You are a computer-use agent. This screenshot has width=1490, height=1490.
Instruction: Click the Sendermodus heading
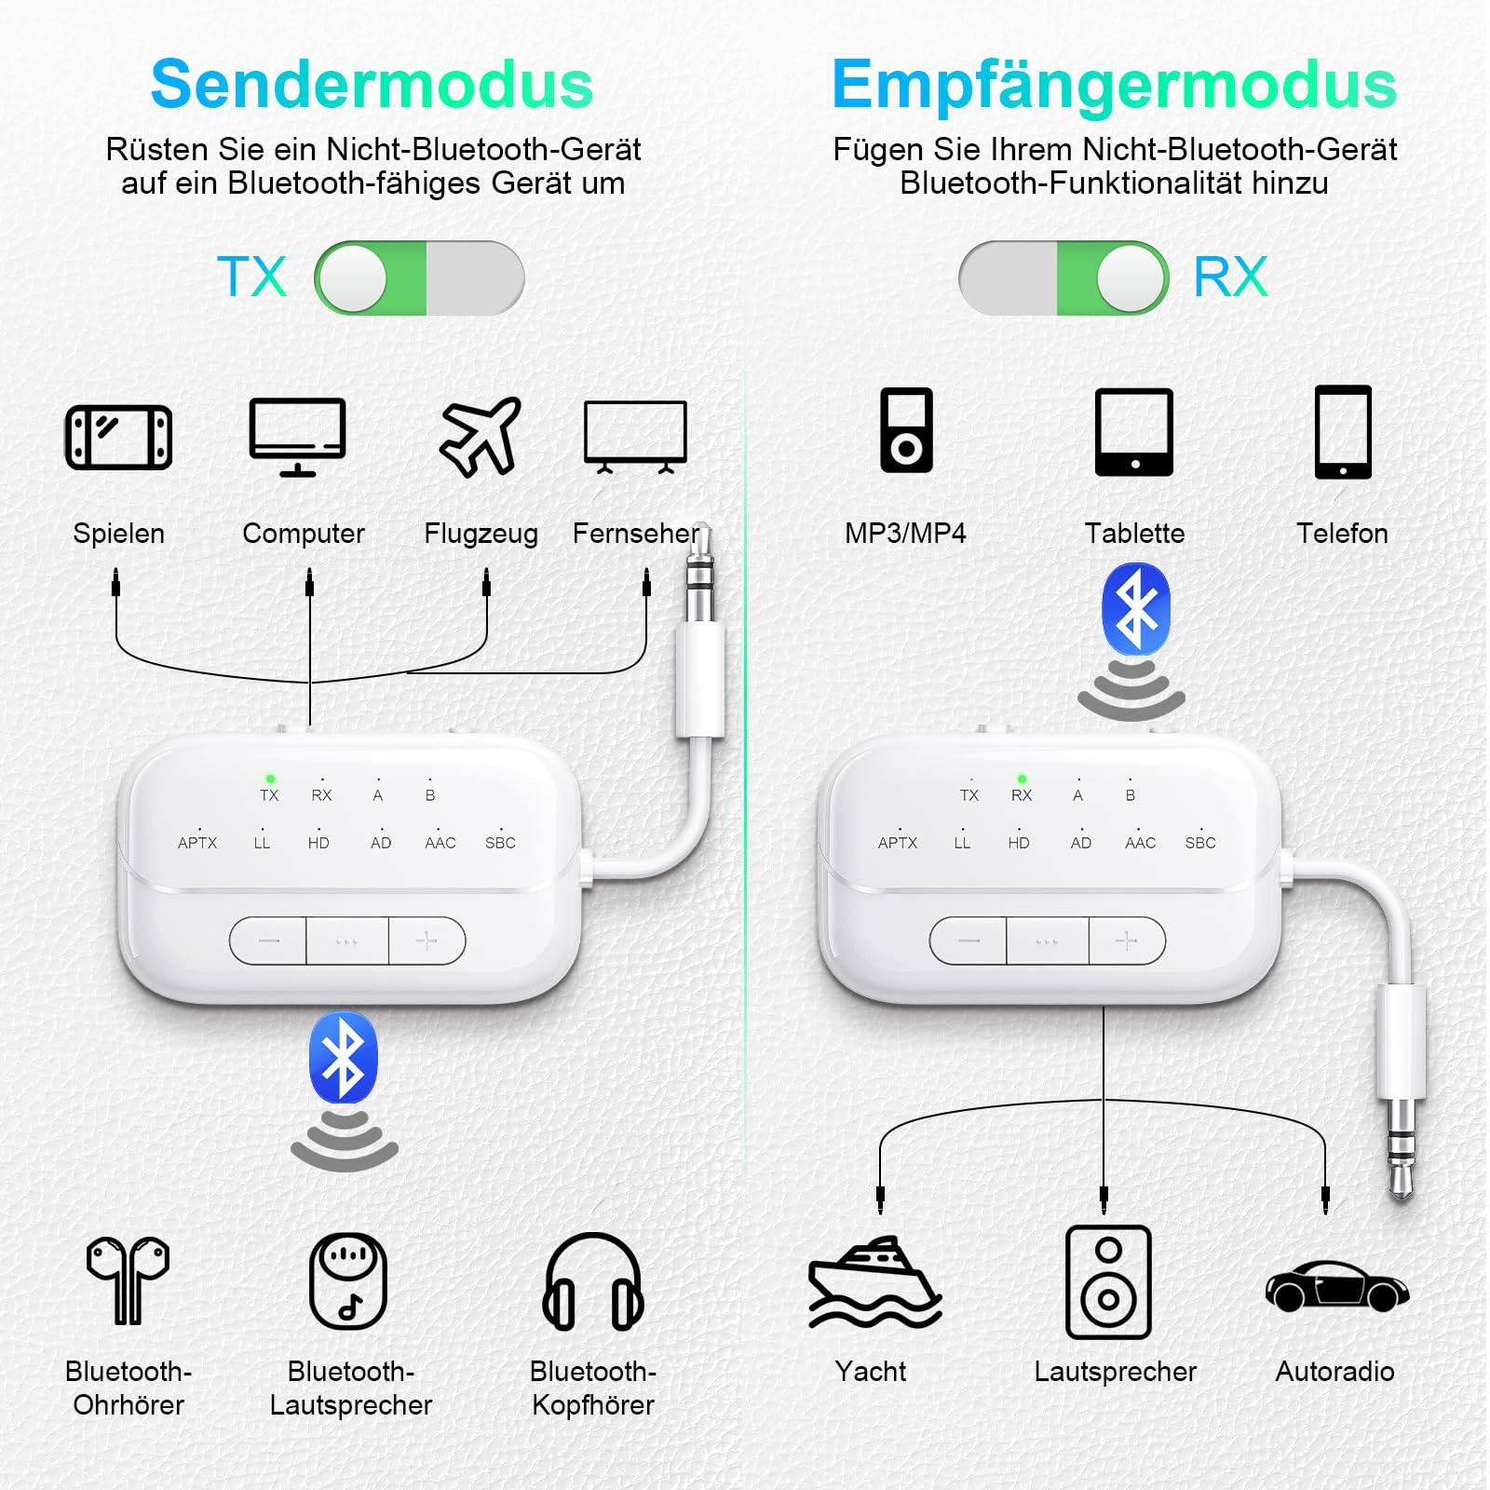pos(372,85)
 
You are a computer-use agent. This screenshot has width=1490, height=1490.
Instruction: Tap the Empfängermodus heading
pos(1114,85)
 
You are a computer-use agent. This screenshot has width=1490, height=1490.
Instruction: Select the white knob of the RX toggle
pos(1130,278)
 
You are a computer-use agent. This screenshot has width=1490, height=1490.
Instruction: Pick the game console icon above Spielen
pos(118,437)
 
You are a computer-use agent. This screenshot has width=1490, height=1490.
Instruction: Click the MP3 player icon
pos(906,430)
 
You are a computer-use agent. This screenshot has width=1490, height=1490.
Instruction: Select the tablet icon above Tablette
pos(1133,432)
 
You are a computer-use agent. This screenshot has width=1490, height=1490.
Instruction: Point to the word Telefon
pos(1342,534)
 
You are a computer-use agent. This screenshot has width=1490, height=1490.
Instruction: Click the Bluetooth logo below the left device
pos(344,1059)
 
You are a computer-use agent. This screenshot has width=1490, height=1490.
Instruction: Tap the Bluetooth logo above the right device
pos(1135,610)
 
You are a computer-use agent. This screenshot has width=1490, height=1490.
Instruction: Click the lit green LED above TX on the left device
pos(270,779)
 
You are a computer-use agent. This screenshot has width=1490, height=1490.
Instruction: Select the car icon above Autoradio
pos(1336,1286)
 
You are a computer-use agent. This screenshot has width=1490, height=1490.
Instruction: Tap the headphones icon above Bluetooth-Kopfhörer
pos(593,1282)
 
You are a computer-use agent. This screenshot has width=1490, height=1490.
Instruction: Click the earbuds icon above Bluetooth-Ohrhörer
pos(129,1280)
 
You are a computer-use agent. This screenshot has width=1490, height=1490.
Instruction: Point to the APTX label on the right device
pos(897,843)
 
